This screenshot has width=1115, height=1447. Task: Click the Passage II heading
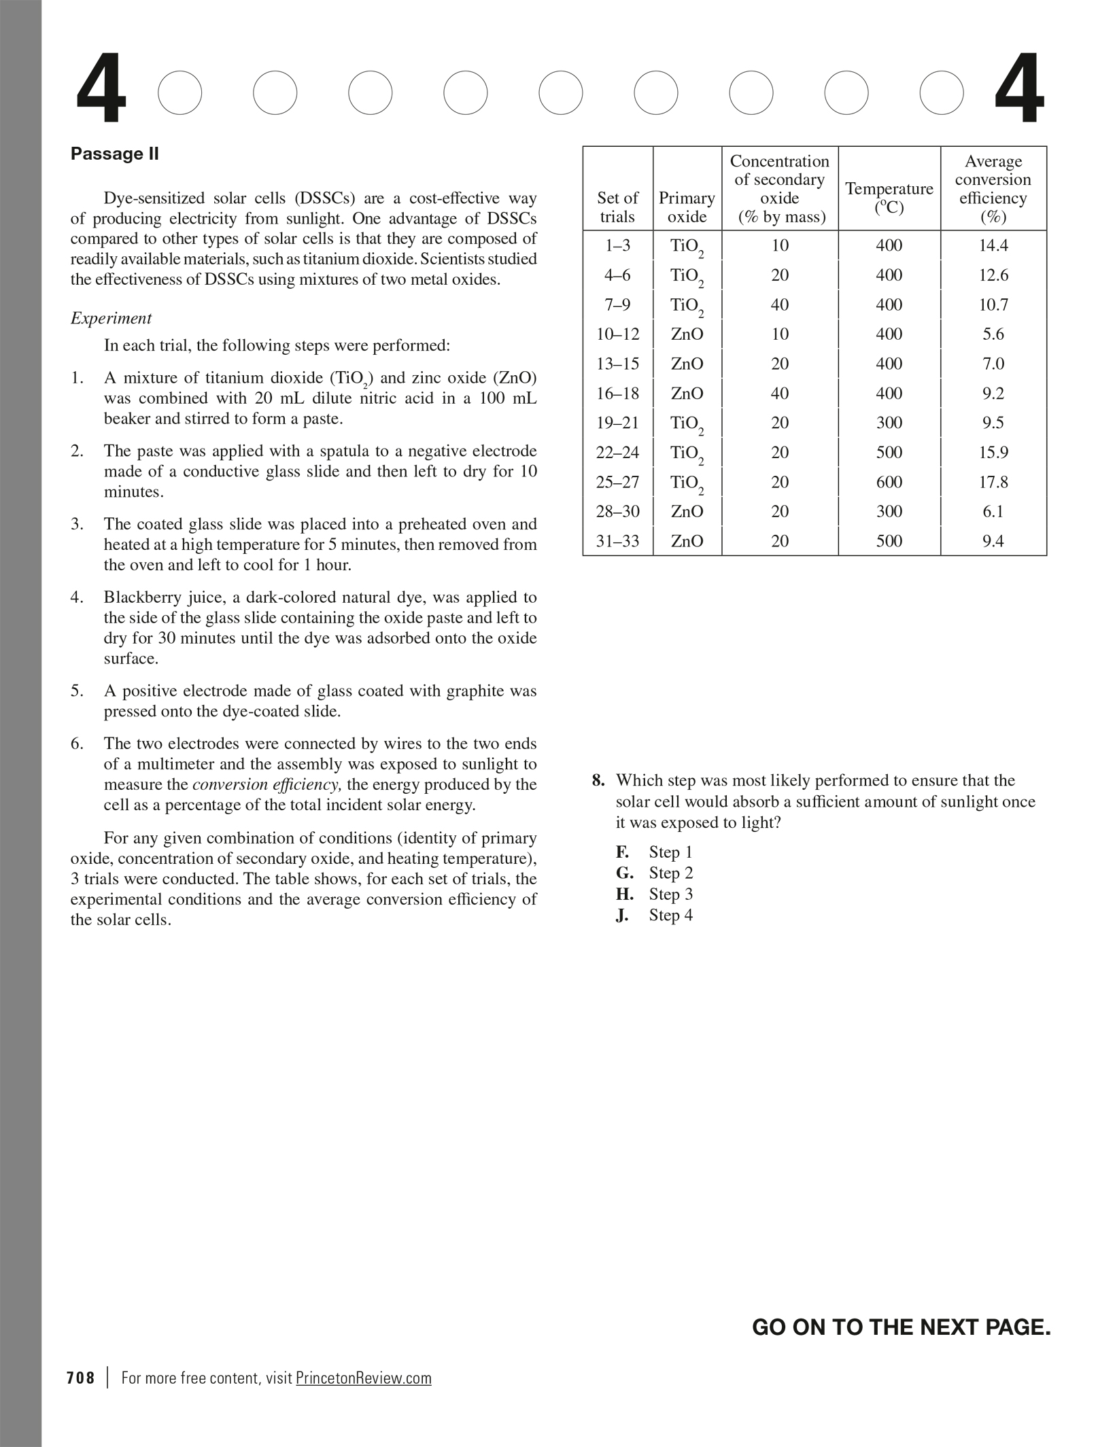coord(114,154)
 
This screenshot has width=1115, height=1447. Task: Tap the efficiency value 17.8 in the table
coord(993,482)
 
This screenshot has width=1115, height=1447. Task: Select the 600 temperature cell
coord(889,482)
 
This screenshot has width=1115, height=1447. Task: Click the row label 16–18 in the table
coord(617,394)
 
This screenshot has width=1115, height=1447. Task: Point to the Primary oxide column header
coord(687,207)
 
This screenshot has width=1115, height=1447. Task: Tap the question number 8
coord(598,780)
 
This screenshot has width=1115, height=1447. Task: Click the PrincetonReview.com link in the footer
coord(364,1378)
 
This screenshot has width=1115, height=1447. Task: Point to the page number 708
coord(81,1378)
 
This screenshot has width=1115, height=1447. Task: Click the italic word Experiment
coord(111,318)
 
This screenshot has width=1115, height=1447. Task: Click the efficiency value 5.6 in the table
coord(993,334)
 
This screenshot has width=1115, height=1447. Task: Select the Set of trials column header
coord(617,207)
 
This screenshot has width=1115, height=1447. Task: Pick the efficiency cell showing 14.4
coord(993,245)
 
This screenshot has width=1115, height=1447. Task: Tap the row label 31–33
coord(617,541)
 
